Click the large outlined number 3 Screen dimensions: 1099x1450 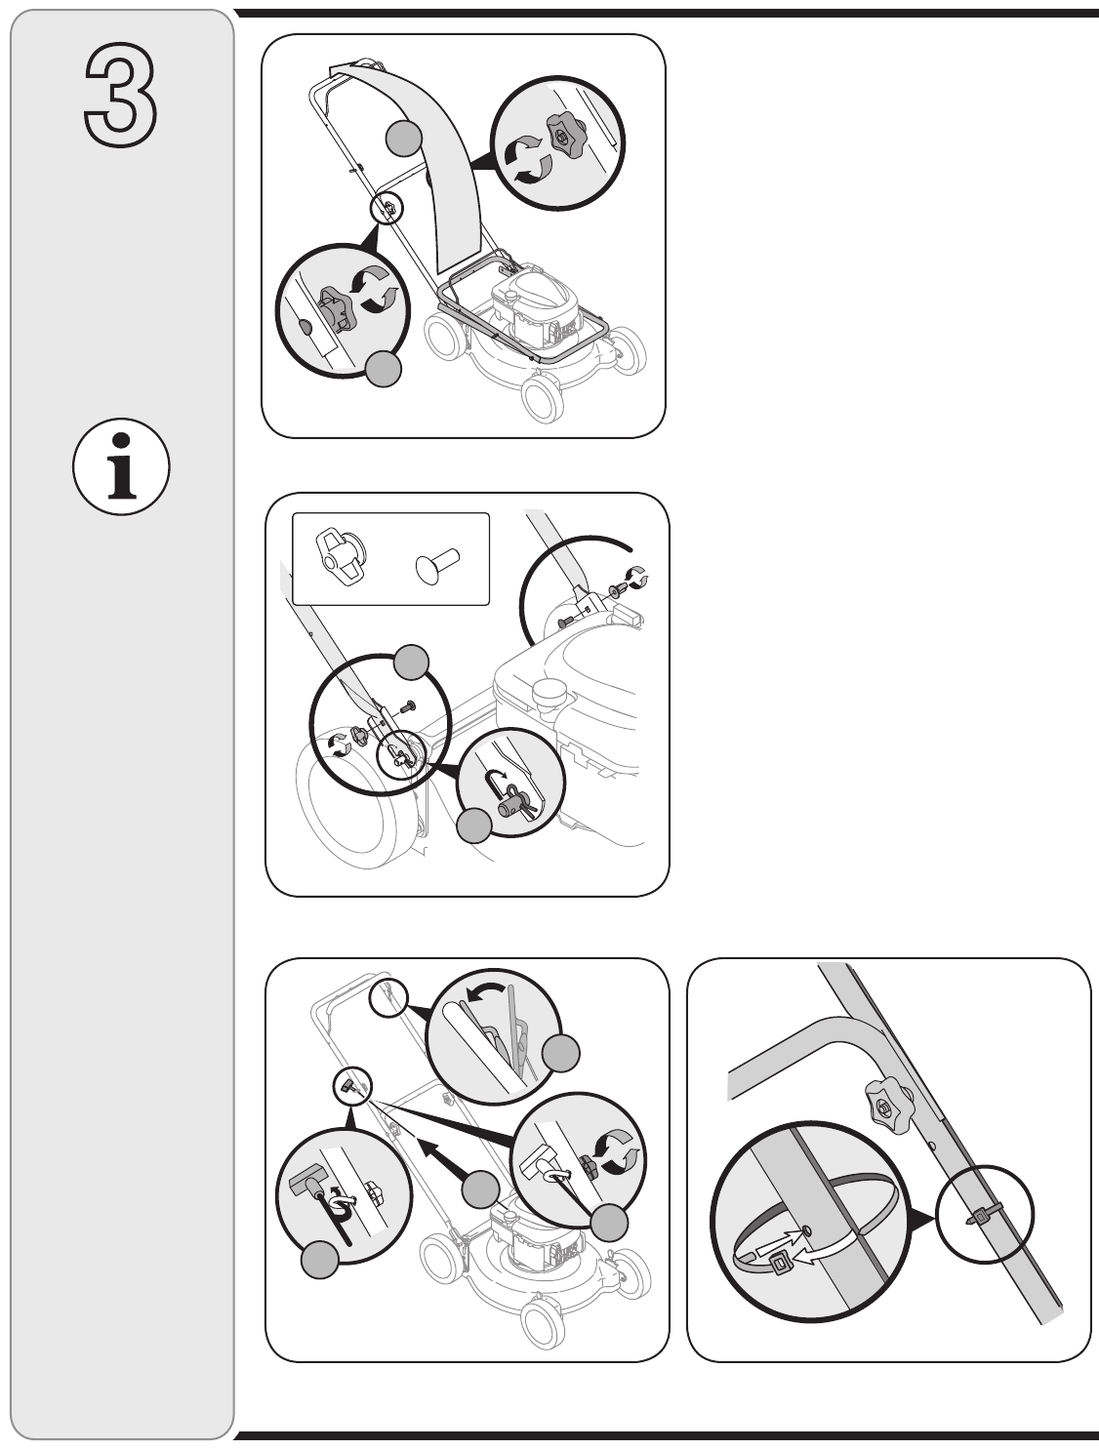121,95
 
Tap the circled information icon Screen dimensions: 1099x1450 121,466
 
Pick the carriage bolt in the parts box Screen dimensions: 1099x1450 436,563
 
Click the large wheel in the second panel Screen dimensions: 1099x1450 353,806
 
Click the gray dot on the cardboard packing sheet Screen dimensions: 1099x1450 403,138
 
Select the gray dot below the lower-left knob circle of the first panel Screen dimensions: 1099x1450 383,369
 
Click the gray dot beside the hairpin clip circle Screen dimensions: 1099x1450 474,826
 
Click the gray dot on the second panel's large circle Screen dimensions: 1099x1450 411,662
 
